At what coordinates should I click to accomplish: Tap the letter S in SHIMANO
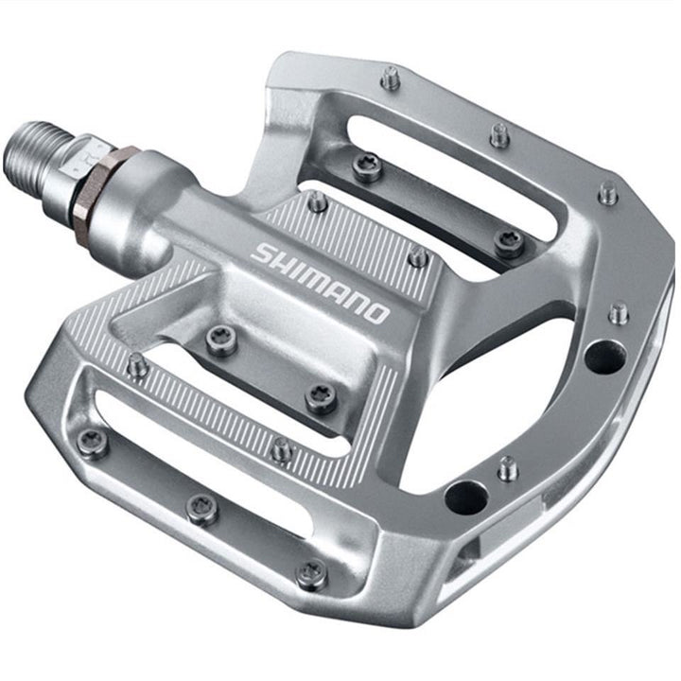tap(262, 253)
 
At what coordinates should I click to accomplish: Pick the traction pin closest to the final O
tap(417, 256)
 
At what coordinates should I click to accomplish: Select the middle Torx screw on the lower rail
tap(201, 509)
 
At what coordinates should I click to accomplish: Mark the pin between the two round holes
tap(509, 467)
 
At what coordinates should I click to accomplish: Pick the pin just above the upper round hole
tap(619, 313)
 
